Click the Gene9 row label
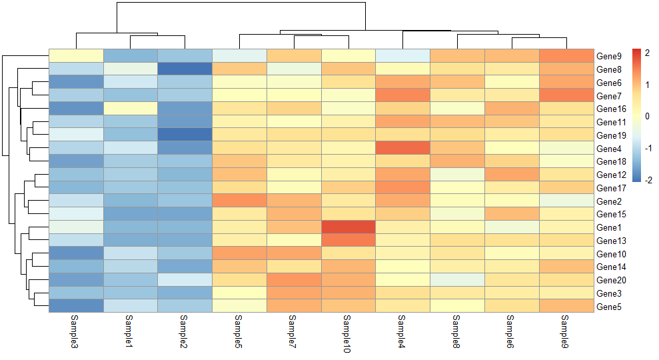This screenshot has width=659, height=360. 609,56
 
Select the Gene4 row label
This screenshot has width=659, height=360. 609,149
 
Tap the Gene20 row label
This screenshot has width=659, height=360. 611,280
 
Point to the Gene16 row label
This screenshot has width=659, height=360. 611,109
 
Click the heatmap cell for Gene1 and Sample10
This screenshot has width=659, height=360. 348,227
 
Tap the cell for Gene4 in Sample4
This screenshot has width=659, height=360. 403,148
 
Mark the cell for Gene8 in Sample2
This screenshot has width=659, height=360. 185,69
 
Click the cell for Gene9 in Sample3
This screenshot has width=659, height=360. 76,55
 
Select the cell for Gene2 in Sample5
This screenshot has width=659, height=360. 239,201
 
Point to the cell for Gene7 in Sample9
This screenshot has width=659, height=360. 566,95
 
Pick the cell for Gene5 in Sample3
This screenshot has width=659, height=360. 76,306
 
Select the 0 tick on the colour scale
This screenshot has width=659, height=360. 647,116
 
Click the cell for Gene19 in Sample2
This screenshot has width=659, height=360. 185,135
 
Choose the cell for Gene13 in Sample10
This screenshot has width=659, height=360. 348,240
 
